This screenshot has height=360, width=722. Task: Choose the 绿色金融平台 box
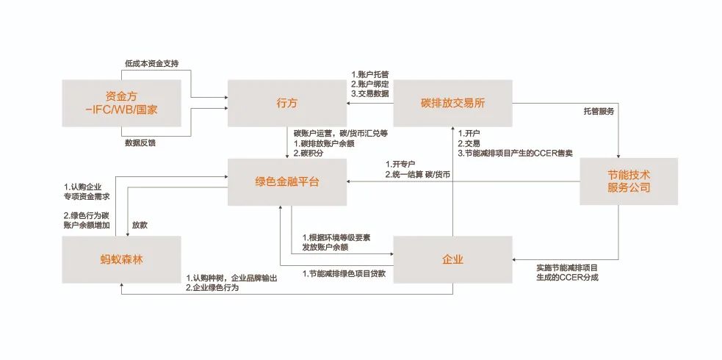pyautogui.click(x=286, y=181)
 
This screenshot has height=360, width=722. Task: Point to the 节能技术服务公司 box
pyautogui.click(x=618, y=181)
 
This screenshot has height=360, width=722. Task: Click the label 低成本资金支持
pyautogui.click(x=151, y=63)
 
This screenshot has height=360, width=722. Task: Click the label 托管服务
pyautogui.click(x=599, y=111)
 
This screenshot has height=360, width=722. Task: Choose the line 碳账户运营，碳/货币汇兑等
pyautogui.click(x=340, y=133)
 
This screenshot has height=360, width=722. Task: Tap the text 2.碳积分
pyautogui.click(x=308, y=153)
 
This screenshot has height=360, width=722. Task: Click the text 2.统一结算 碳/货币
pyautogui.click(x=418, y=174)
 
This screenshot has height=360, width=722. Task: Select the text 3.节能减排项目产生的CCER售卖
pyautogui.click(x=514, y=153)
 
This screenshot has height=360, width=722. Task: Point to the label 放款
pyautogui.click(x=140, y=224)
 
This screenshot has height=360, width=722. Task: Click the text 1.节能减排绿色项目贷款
pyautogui.click(x=344, y=273)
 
